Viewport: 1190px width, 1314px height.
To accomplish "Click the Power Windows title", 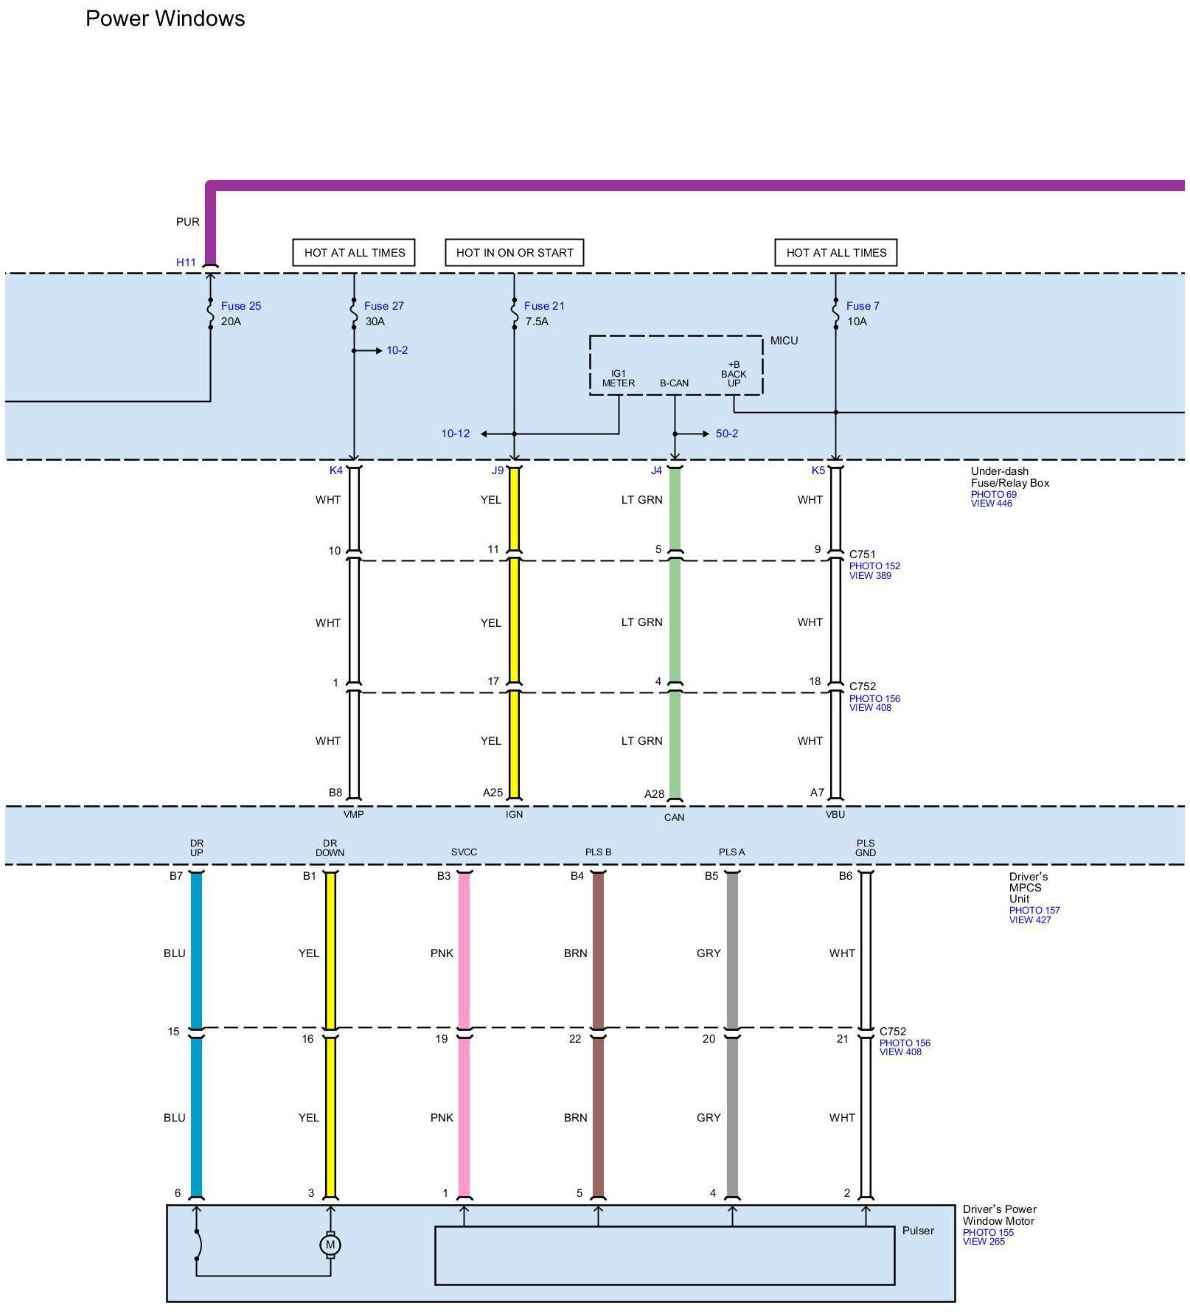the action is (x=165, y=18).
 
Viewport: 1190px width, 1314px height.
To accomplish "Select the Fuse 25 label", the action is (x=240, y=306).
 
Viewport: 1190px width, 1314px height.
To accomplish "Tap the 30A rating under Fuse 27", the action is (x=375, y=321).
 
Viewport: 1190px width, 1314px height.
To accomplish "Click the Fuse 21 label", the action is (x=544, y=306).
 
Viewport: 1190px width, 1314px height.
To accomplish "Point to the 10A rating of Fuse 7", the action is (x=857, y=321).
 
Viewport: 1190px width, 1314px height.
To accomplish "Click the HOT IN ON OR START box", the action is (x=515, y=252).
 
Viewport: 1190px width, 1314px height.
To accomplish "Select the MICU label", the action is (x=784, y=341).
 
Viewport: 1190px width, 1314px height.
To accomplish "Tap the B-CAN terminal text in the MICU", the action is (x=674, y=383).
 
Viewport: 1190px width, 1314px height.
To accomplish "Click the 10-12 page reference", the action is (x=455, y=434).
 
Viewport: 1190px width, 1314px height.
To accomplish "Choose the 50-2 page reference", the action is (x=726, y=434).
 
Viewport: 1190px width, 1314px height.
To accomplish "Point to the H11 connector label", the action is (x=186, y=263).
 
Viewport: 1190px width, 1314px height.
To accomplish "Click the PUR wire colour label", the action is (x=187, y=222).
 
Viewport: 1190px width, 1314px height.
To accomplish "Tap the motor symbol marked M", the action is (x=330, y=1245).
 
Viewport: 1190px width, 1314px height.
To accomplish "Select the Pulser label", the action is (x=918, y=1231).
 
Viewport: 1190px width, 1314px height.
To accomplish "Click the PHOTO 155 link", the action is (x=988, y=1233).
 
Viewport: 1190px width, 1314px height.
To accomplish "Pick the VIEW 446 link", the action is (x=991, y=504).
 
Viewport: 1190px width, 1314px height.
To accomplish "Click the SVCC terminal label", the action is (x=464, y=852).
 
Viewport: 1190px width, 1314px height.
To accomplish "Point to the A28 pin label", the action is (x=654, y=794).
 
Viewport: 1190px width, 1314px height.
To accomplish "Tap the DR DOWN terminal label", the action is (x=330, y=848).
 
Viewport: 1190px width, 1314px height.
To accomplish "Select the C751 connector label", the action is (x=862, y=555).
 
